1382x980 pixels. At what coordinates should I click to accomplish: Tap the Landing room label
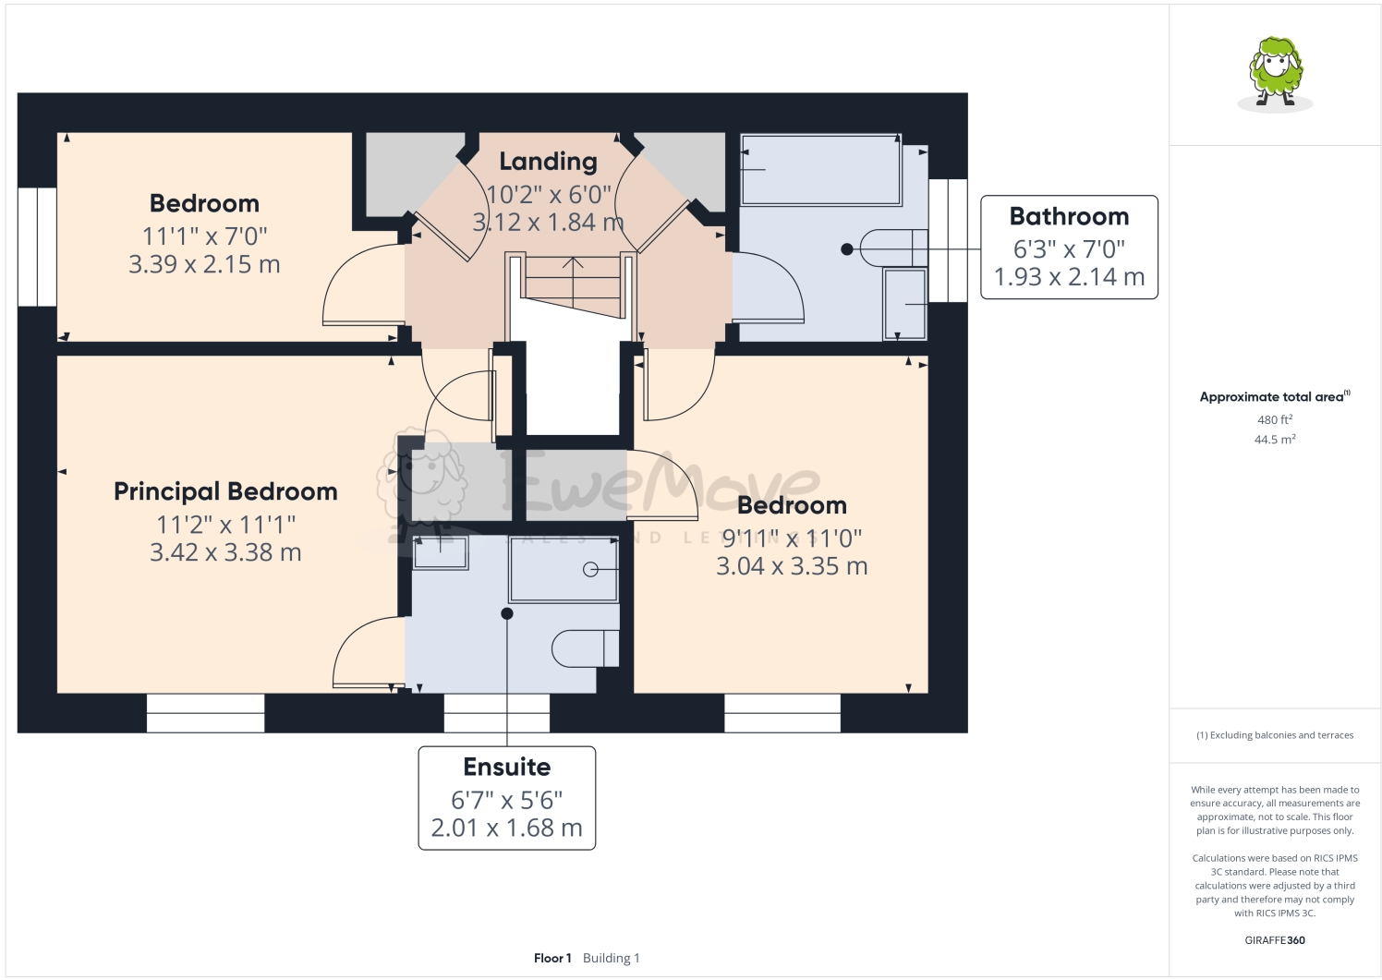pyautogui.click(x=548, y=162)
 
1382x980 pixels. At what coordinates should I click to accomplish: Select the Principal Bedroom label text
pyautogui.click(x=225, y=491)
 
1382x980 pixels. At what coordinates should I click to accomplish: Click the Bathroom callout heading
pyautogui.click(x=1069, y=216)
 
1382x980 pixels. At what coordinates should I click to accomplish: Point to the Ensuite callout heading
pyautogui.click(x=506, y=767)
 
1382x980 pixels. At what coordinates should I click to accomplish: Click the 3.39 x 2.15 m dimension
pyautogui.click(x=204, y=264)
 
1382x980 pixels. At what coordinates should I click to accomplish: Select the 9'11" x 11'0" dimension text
pyautogui.click(x=792, y=538)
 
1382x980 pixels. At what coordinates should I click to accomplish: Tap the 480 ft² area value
pyautogui.click(x=1274, y=419)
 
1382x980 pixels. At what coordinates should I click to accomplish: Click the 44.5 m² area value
pyautogui.click(x=1274, y=440)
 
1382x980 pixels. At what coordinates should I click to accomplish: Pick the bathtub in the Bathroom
pyautogui.click(x=820, y=171)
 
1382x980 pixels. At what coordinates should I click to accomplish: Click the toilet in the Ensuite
pyautogui.click(x=585, y=647)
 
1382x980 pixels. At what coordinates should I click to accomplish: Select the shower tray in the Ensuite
pyautogui.click(x=564, y=570)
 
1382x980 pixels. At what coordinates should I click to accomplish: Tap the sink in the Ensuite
pyautogui.click(x=441, y=552)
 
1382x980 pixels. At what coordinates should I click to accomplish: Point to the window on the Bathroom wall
pyautogui.click(x=947, y=240)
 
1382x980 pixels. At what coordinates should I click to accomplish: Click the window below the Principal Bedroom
pyautogui.click(x=205, y=713)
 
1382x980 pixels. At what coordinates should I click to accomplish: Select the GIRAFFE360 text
pyautogui.click(x=1275, y=940)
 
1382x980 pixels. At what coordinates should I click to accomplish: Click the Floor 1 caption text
pyautogui.click(x=552, y=958)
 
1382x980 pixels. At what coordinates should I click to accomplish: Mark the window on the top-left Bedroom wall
pyautogui.click(x=37, y=247)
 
